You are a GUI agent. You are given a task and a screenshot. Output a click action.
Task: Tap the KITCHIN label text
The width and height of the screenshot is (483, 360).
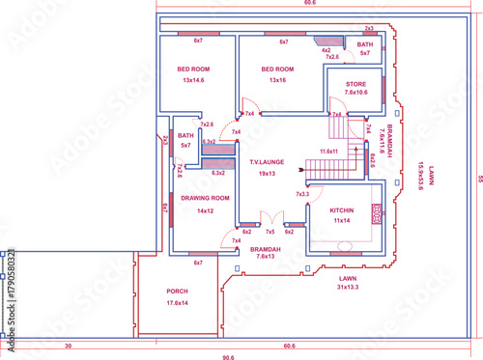(341, 209)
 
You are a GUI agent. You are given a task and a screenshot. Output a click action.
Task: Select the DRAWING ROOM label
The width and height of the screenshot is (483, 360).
(205, 198)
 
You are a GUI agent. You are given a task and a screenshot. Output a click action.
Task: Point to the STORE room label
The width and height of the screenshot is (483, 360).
(356, 85)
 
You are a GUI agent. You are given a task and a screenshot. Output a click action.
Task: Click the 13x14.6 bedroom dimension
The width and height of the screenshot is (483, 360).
(196, 80)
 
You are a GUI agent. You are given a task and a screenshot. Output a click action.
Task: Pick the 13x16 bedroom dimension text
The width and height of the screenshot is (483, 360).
(278, 80)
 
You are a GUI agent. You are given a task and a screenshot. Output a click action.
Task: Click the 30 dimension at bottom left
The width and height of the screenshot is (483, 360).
(68, 345)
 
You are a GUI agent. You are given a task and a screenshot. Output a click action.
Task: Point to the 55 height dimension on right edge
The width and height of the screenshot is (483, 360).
(477, 178)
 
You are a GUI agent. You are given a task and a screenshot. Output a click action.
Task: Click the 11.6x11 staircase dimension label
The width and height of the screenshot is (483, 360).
(328, 152)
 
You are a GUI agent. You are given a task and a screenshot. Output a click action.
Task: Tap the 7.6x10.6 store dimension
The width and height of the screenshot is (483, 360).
(356, 95)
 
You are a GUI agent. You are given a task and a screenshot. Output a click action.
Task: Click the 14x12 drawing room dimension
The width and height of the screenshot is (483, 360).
(205, 209)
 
